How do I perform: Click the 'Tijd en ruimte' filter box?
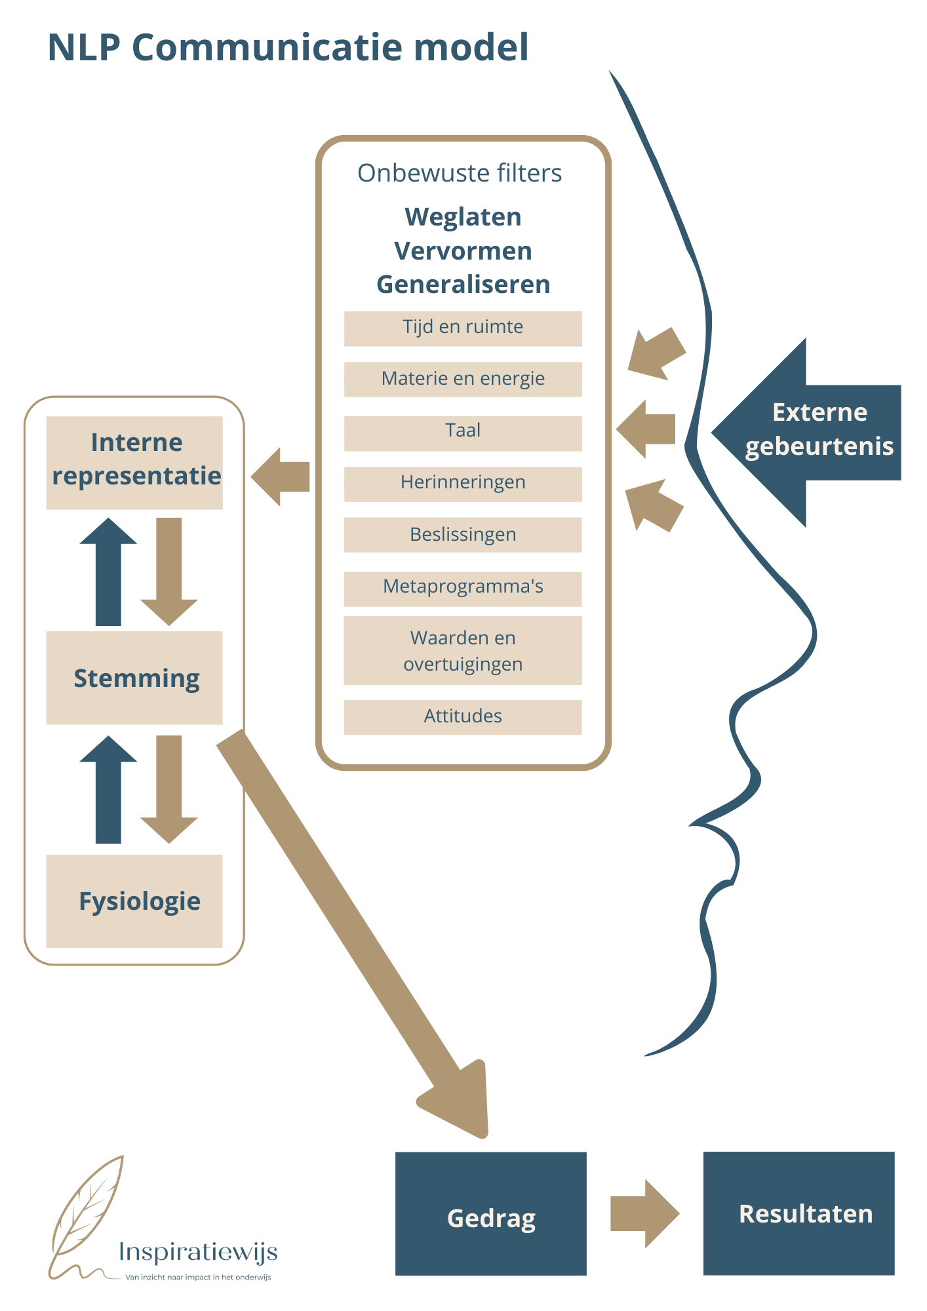tap(463, 328)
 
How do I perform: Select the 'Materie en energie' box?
tap(463, 379)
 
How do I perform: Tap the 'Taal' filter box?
tap(463, 433)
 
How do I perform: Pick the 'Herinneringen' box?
tap(463, 484)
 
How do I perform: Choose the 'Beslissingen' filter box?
tap(463, 534)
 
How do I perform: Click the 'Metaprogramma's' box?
tap(463, 588)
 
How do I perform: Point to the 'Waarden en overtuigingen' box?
tap(463, 650)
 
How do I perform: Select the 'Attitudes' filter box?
tap(463, 716)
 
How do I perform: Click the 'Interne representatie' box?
tap(134, 462)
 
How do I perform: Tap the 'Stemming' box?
tap(134, 678)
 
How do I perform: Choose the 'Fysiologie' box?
tap(134, 900)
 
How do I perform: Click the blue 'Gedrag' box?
tap(490, 1213)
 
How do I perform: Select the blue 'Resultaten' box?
tap(799, 1213)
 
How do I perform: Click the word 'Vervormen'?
tap(463, 251)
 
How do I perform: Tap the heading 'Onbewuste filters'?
tap(460, 173)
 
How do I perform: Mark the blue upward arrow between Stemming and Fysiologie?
tap(108, 790)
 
